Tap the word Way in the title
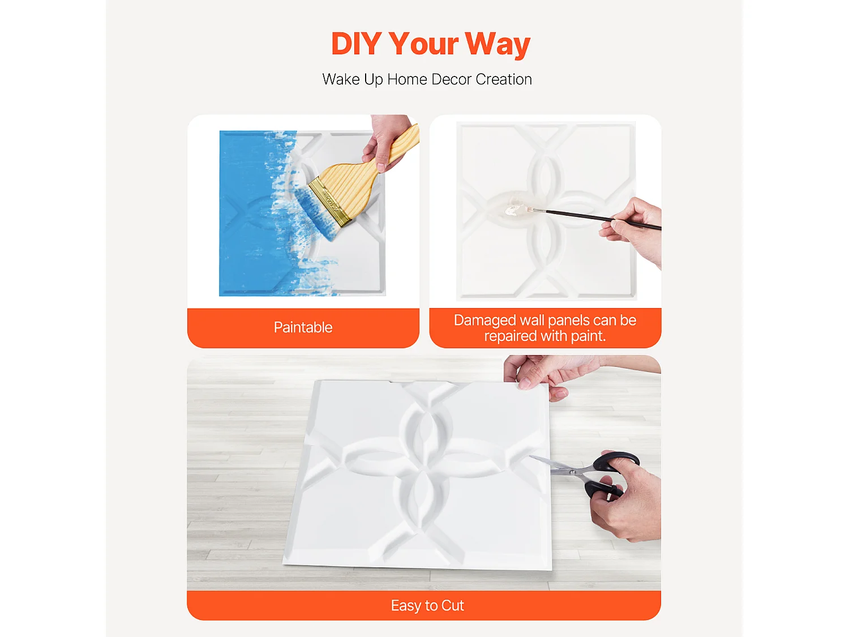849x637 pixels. [x=498, y=44]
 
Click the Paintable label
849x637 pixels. [x=303, y=327]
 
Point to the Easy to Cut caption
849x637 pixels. [x=427, y=605]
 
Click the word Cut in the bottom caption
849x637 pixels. [x=453, y=605]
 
